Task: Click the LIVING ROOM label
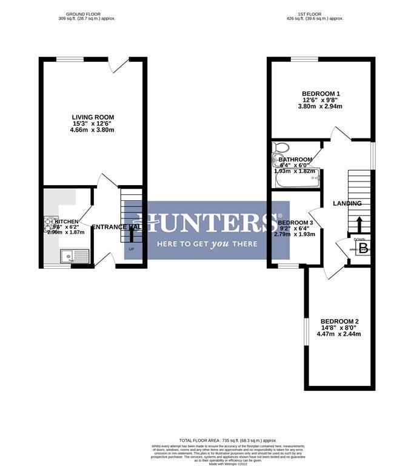[93, 117]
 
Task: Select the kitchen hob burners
[50, 225]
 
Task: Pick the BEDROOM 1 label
[321, 93]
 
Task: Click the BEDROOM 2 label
[339, 321]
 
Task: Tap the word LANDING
[347, 203]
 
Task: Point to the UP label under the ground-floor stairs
[131, 249]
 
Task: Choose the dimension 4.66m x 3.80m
[93, 130]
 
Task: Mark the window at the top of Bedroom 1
[296, 59]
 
